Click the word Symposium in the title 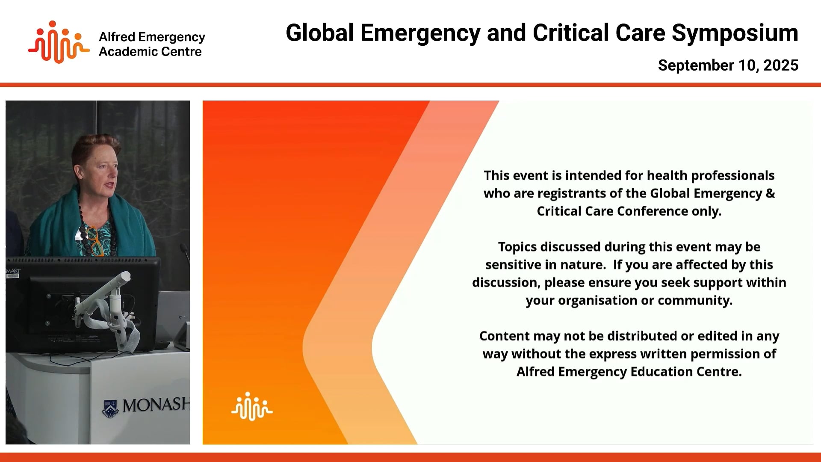click(x=735, y=33)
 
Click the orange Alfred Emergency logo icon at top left click(x=59, y=42)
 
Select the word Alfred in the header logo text click(x=117, y=37)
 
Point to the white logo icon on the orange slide click(x=252, y=406)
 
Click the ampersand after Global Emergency click(x=770, y=193)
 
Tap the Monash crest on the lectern click(x=111, y=408)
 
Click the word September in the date click(x=696, y=65)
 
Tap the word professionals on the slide click(x=732, y=175)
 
